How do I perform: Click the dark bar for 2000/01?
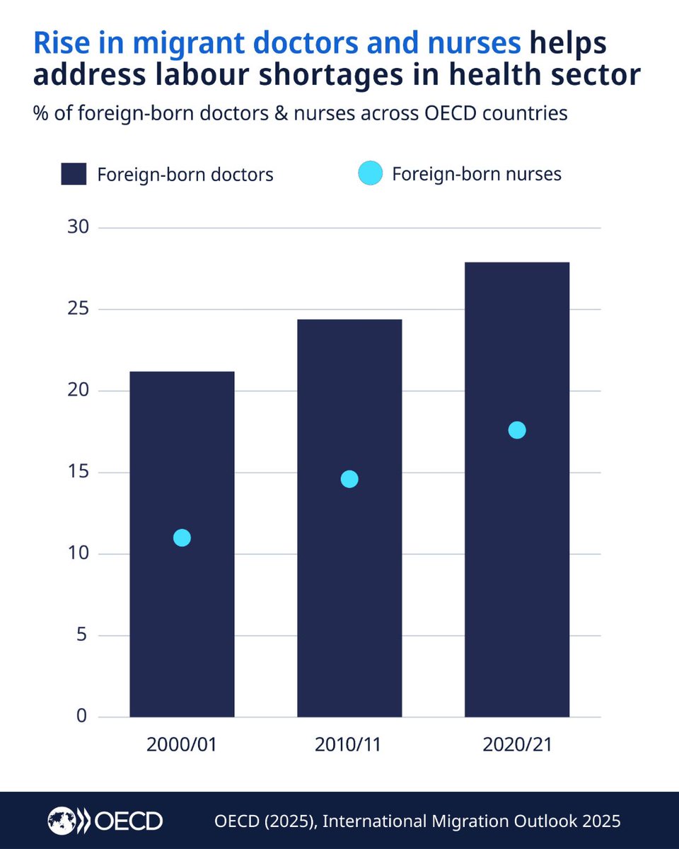click(x=182, y=623)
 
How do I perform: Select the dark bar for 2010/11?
click(x=349, y=601)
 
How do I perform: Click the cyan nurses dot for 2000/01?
click(x=182, y=538)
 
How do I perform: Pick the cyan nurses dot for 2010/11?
click(x=349, y=479)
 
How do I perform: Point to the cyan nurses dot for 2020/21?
click(x=517, y=430)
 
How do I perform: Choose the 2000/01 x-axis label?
click(x=182, y=745)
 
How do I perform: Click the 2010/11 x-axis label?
click(x=349, y=745)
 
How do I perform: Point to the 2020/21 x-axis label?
click(x=517, y=745)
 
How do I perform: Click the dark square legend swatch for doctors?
click(x=74, y=174)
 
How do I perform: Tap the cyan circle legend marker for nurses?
click(x=370, y=174)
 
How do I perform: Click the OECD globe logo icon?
click(x=62, y=821)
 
